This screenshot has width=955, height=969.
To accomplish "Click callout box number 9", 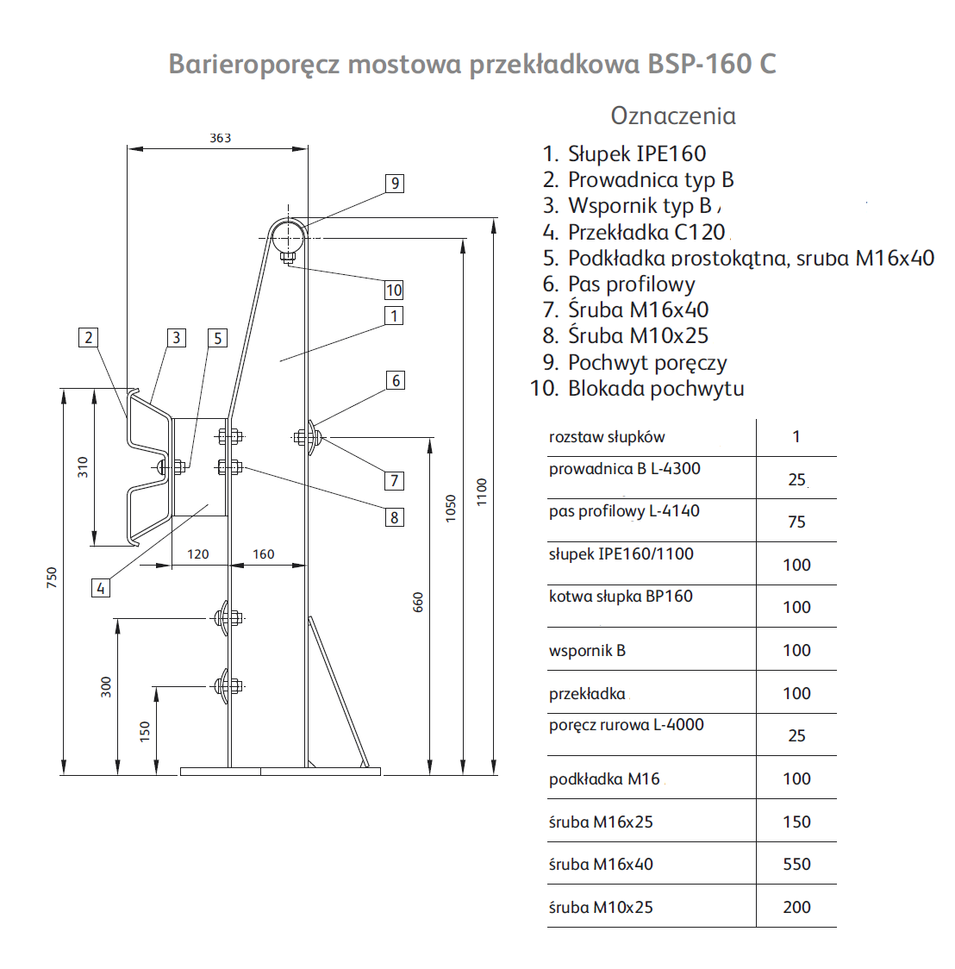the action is tap(395, 184).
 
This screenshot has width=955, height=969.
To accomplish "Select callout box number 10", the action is tap(394, 290).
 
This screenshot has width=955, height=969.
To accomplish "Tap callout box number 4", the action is tap(101, 588).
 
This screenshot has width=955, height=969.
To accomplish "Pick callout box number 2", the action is tap(88, 337).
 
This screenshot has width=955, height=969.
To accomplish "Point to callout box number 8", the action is tap(394, 517).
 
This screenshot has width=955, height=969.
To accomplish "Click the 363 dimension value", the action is tap(220, 138).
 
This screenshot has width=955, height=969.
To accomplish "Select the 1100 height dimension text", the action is tap(482, 492).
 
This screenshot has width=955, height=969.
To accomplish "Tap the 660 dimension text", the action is tap(418, 602).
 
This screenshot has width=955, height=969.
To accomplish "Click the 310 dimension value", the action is tap(83, 466).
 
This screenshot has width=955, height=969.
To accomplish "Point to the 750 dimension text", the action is tap(52, 578).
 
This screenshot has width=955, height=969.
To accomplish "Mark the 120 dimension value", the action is tap(197, 554).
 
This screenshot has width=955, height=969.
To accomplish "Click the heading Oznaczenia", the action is tap(673, 116).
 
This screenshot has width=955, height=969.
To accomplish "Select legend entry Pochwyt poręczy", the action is tap(647, 362).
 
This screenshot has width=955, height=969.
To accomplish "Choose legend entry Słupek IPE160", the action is tap(637, 153).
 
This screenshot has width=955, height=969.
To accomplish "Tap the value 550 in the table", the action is tap(797, 864).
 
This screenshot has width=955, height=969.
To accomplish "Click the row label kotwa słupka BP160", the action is tap(621, 597).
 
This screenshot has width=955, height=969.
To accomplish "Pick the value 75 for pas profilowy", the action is tap(797, 522).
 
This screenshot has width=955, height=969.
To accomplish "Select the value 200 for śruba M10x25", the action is tap(797, 907).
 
